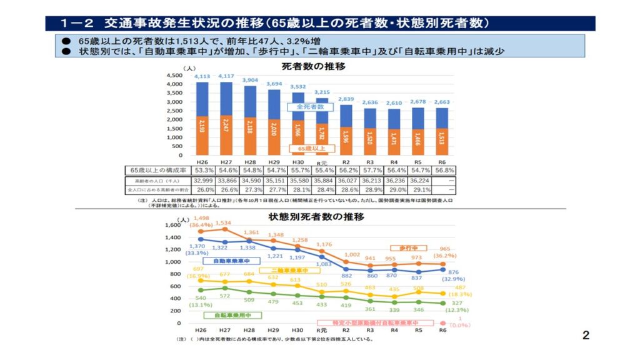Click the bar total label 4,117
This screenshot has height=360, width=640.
point(226,77)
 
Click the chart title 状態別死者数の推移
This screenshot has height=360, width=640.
point(316,217)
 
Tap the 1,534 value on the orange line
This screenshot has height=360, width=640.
point(223,222)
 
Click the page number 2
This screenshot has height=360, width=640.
point(586,336)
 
